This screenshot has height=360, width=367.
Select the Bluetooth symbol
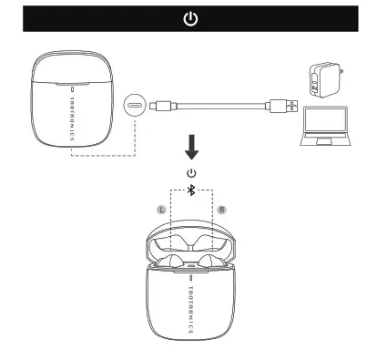coord(190,190)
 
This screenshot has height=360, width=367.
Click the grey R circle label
coord(221,210)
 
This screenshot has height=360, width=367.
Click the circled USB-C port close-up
coord(138,105)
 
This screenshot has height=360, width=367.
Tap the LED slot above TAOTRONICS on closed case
coord(74,88)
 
